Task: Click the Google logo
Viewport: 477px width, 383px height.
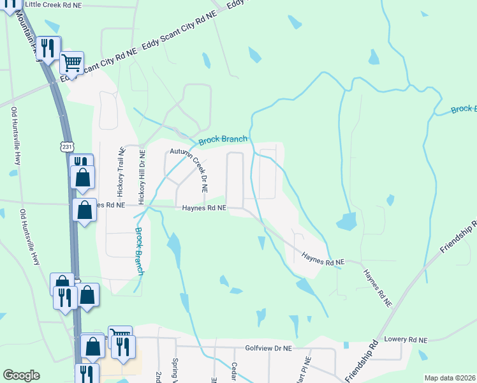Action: [x=21, y=375]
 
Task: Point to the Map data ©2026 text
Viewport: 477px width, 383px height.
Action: [x=450, y=378]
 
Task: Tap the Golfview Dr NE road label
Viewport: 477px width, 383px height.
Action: [x=268, y=349]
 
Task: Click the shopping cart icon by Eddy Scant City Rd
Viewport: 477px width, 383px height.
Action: [x=72, y=63]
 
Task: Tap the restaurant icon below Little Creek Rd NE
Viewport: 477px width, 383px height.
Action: [x=48, y=47]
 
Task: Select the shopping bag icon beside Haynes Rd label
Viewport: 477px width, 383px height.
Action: [x=84, y=209]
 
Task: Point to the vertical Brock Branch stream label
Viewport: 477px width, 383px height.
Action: [x=138, y=251]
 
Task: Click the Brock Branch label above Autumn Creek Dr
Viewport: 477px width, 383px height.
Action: [x=223, y=140]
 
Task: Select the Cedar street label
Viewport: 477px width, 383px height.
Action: [x=234, y=373]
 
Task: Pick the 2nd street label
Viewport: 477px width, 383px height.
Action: [x=158, y=376]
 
